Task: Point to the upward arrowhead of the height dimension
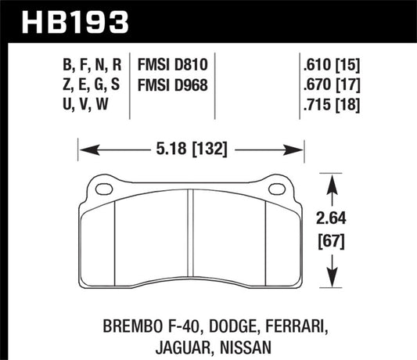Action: coord(334,182)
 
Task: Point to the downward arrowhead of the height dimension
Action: coord(334,283)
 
